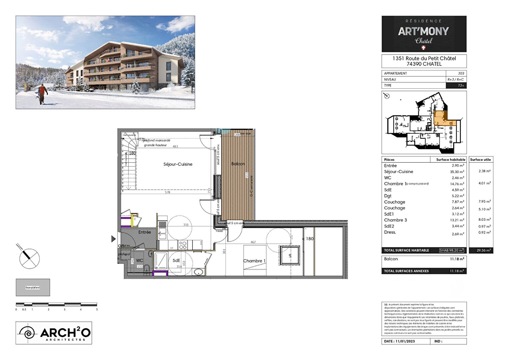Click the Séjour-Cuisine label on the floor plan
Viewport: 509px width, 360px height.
pos(178,164)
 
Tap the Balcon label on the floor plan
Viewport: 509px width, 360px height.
pos(238,164)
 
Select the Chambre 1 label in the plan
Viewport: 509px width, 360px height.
pos(254,261)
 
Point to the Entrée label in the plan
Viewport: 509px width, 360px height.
pos(145,232)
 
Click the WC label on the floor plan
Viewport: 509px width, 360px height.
pos(140,260)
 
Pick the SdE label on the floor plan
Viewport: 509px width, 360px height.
pos(176,260)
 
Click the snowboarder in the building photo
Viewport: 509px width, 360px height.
pos(42,94)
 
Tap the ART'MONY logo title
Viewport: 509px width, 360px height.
pos(423,31)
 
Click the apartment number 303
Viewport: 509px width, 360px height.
pos(461,73)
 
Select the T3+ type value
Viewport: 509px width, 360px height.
pos(461,86)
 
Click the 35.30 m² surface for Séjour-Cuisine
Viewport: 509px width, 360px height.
pos(457,172)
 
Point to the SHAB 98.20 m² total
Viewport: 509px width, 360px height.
pos(451,250)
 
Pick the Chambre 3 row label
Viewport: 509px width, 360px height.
pos(395,220)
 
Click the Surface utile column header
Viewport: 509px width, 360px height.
pos(480,160)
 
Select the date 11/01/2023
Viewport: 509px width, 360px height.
pos(405,341)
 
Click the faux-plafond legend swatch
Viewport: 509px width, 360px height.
pos(33,287)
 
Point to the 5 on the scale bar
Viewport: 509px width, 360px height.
pos(97,309)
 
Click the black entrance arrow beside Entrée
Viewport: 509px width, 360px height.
pos(113,239)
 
